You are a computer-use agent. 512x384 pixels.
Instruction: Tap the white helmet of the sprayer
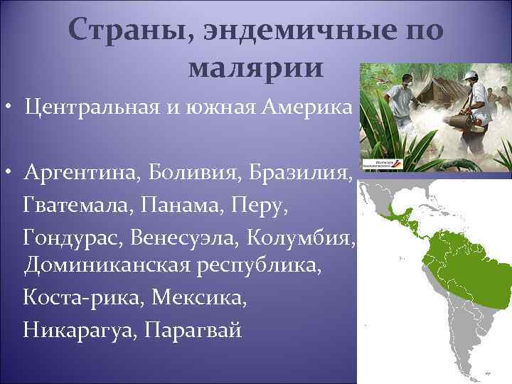469,76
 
